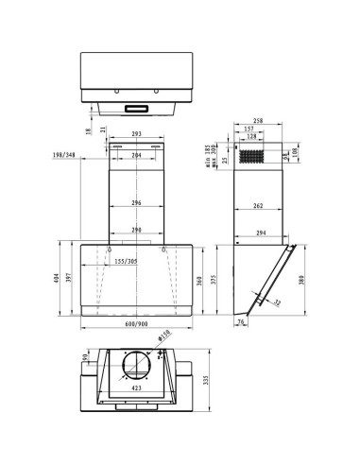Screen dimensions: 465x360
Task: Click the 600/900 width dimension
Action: tap(137, 325)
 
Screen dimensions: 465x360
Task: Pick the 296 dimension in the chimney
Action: tap(137, 203)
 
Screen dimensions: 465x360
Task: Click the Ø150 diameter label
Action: tap(164, 335)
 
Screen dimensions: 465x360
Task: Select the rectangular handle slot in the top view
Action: tap(137, 108)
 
